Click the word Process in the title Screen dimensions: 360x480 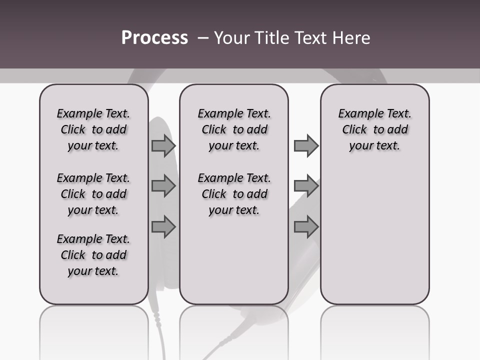click(x=154, y=37)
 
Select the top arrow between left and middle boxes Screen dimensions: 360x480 click(x=163, y=146)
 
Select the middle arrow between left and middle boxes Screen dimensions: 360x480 click(x=163, y=186)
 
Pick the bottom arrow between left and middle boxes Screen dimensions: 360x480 click(x=163, y=227)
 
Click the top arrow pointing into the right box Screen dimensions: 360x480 click(x=306, y=146)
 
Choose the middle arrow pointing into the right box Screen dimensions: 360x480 click(x=306, y=186)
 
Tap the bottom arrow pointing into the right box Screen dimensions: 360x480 click(x=306, y=227)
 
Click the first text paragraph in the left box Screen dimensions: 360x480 click(x=93, y=129)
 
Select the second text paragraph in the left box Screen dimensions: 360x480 click(x=93, y=194)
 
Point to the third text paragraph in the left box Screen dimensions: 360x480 click(x=93, y=255)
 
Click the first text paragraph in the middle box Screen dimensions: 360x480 click(x=234, y=129)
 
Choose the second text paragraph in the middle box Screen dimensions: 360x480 click(x=234, y=194)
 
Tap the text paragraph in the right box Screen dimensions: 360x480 click(x=375, y=129)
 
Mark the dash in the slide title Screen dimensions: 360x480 click(x=203, y=37)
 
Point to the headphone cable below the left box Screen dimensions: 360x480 click(x=160, y=330)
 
